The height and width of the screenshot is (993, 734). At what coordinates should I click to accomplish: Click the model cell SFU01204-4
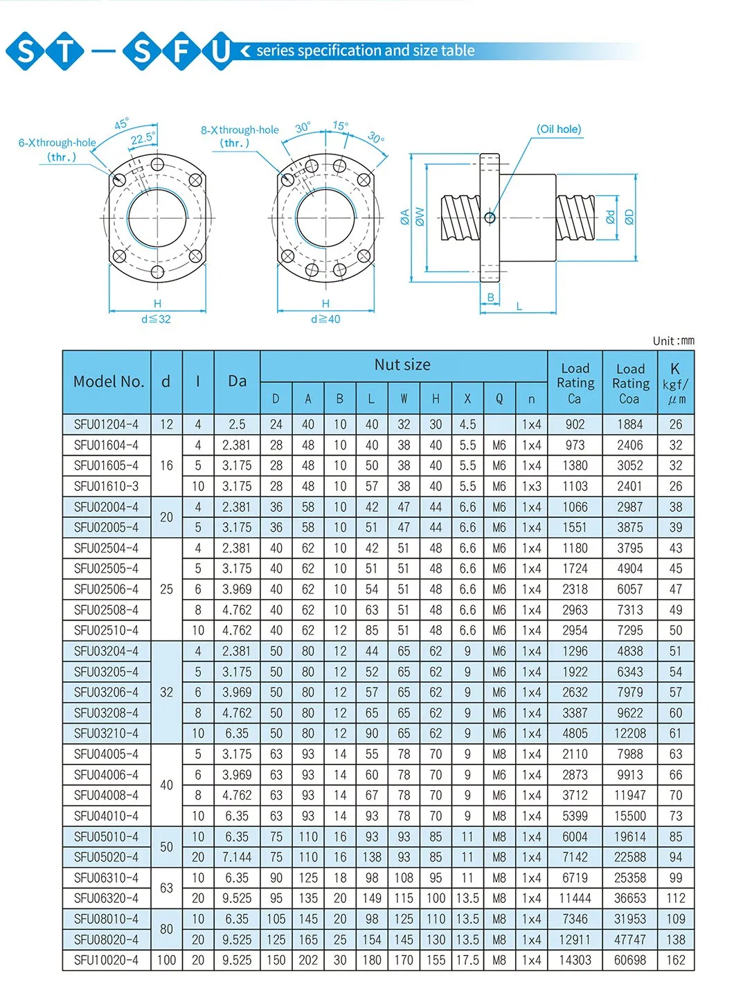click(x=106, y=424)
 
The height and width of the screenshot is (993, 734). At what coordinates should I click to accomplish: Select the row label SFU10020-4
click(x=106, y=960)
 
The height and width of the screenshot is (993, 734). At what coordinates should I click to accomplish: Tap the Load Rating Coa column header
click(x=630, y=383)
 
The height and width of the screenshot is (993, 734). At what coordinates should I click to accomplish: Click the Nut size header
click(x=402, y=365)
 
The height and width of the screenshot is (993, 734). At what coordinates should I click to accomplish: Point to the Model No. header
click(x=108, y=382)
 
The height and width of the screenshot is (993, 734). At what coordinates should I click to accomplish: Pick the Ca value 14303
click(x=575, y=960)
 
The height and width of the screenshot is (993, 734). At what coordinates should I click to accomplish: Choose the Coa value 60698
click(x=630, y=960)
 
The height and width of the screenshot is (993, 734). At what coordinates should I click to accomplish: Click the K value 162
click(x=675, y=960)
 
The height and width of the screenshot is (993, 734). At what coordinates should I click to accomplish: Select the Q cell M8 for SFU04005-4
click(x=499, y=754)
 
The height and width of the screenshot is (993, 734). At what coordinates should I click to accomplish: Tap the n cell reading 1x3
click(x=531, y=486)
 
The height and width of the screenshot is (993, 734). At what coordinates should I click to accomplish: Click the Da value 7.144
click(x=237, y=857)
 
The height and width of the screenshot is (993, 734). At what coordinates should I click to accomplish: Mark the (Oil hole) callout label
click(x=559, y=129)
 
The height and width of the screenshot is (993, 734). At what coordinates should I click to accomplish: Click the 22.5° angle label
click(x=143, y=138)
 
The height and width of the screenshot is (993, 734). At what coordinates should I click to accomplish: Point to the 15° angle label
click(x=340, y=125)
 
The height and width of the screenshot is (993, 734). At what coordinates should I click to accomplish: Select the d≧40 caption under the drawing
click(x=325, y=319)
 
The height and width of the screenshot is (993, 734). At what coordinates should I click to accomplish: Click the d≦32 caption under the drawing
click(x=156, y=319)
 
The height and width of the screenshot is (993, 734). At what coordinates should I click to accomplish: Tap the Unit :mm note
click(x=673, y=341)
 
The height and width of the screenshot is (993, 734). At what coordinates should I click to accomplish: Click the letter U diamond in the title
click(x=221, y=51)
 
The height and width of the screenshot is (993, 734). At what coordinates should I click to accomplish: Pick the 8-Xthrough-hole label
click(x=240, y=130)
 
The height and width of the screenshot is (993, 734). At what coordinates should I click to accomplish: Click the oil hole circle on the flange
click(x=490, y=218)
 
